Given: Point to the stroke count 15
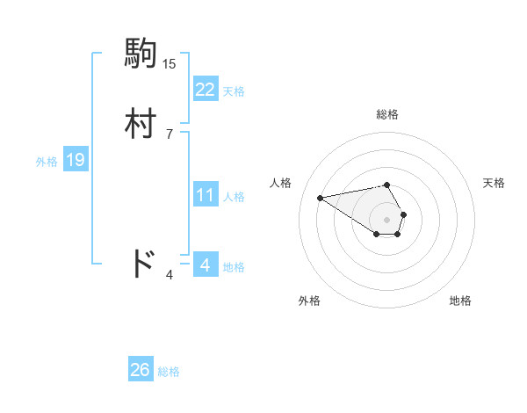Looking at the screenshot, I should [x=170, y=64].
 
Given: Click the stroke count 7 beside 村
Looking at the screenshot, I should [x=170, y=134].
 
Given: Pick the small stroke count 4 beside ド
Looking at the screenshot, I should [x=170, y=275].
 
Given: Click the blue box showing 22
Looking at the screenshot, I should [x=205, y=90].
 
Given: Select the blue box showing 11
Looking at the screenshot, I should [x=205, y=195].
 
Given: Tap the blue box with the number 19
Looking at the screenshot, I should [x=76, y=160].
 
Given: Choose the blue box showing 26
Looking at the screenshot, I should [x=141, y=370].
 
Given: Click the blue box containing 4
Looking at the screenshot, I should [x=205, y=264].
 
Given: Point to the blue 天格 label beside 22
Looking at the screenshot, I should [x=234, y=91].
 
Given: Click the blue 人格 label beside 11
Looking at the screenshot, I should [x=234, y=196].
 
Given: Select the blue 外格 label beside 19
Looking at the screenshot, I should [x=47, y=161].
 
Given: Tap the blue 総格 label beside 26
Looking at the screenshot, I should [x=169, y=371].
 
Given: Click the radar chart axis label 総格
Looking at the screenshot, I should [x=387, y=114].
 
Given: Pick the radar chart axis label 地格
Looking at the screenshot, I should [x=460, y=301].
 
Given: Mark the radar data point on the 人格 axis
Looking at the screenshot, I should [x=320, y=197].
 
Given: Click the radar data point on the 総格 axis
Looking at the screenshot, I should [x=387, y=185].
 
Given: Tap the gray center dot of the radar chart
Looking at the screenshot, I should [x=387, y=219].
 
